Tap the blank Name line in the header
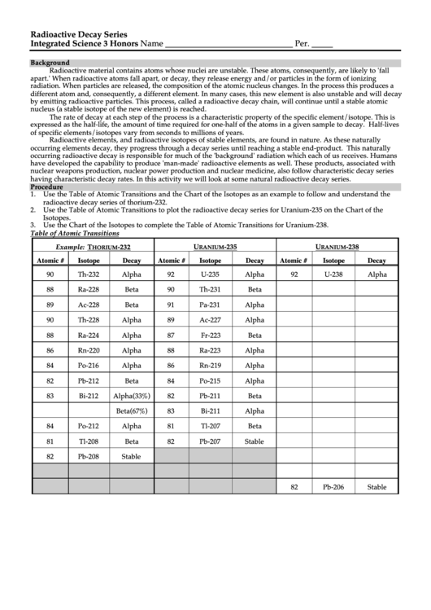tap(223, 44)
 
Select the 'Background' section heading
tap(50, 63)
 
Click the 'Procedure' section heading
tap(46, 187)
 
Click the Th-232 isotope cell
tap(89, 275)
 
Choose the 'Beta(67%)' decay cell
tap(131, 411)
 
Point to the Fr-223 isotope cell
tap(211, 336)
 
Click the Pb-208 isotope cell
tap(89, 457)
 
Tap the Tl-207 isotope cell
tap(211, 426)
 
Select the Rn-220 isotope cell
tap(89, 350)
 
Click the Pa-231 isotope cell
tap(211, 305)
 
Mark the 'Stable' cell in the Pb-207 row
tap(255, 441)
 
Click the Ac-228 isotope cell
tap(89, 305)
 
